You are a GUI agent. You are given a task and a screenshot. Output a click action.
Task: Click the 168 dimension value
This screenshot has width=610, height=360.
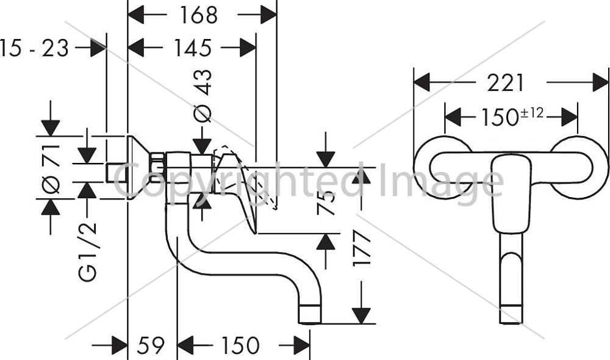(198, 15)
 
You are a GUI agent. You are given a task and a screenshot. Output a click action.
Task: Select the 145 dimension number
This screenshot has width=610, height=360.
(193, 48)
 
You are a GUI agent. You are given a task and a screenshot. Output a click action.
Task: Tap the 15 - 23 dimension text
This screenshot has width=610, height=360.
(34, 48)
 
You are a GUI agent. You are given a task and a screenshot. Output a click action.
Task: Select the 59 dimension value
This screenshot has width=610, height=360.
(151, 345)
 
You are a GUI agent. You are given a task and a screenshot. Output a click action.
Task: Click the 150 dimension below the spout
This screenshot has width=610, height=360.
(240, 345)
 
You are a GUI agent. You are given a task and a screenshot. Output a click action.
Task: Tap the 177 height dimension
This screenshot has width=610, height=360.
(361, 248)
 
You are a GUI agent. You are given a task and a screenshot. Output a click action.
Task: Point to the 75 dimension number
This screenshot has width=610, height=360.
(326, 203)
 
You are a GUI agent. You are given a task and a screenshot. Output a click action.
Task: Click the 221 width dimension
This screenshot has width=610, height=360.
(506, 83)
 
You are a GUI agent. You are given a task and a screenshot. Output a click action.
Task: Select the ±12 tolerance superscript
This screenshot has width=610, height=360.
(532, 113)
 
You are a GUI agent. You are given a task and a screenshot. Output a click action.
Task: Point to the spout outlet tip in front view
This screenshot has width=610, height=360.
(511, 314)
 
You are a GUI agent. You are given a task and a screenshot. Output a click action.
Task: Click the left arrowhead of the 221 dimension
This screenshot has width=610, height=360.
(422, 82)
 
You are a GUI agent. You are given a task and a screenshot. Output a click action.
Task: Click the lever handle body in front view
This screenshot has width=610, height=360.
(511, 193)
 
